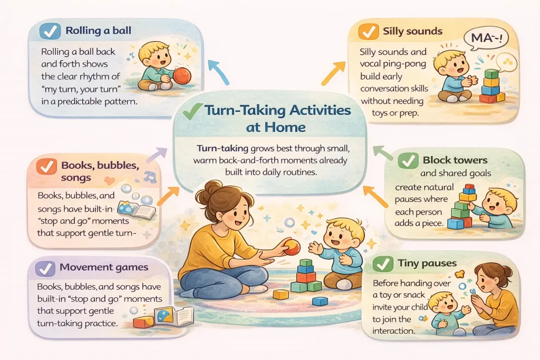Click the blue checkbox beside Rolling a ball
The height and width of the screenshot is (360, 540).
pyautogui.click(x=50, y=31)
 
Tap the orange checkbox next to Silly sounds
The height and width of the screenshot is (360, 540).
pyautogui.click(x=366, y=31)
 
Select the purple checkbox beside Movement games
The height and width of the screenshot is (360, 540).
pyautogui.click(x=45, y=267)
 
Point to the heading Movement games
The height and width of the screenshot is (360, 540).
pyautogui.click(x=103, y=267)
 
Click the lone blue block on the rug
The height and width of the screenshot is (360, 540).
pyautogui.click(x=320, y=301)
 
